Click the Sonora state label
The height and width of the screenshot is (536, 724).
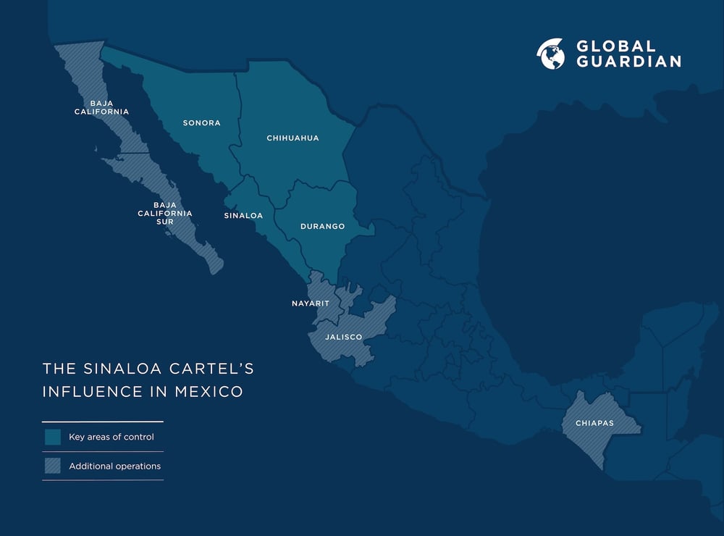point(201,123)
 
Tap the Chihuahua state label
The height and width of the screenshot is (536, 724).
point(292,138)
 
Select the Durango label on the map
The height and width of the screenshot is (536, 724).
point(322,227)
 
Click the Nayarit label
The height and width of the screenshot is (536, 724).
point(310,303)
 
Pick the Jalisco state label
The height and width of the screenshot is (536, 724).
point(343,337)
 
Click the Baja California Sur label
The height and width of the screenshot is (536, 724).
point(165,213)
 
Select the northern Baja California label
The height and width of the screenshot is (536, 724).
point(101,107)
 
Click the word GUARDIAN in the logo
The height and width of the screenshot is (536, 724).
point(628,62)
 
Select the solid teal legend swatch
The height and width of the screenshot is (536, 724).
point(52,437)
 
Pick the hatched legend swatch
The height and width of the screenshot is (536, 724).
point(52,466)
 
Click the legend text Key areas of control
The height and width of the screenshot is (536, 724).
point(111,437)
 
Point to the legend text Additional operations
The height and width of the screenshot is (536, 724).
point(114,466)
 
